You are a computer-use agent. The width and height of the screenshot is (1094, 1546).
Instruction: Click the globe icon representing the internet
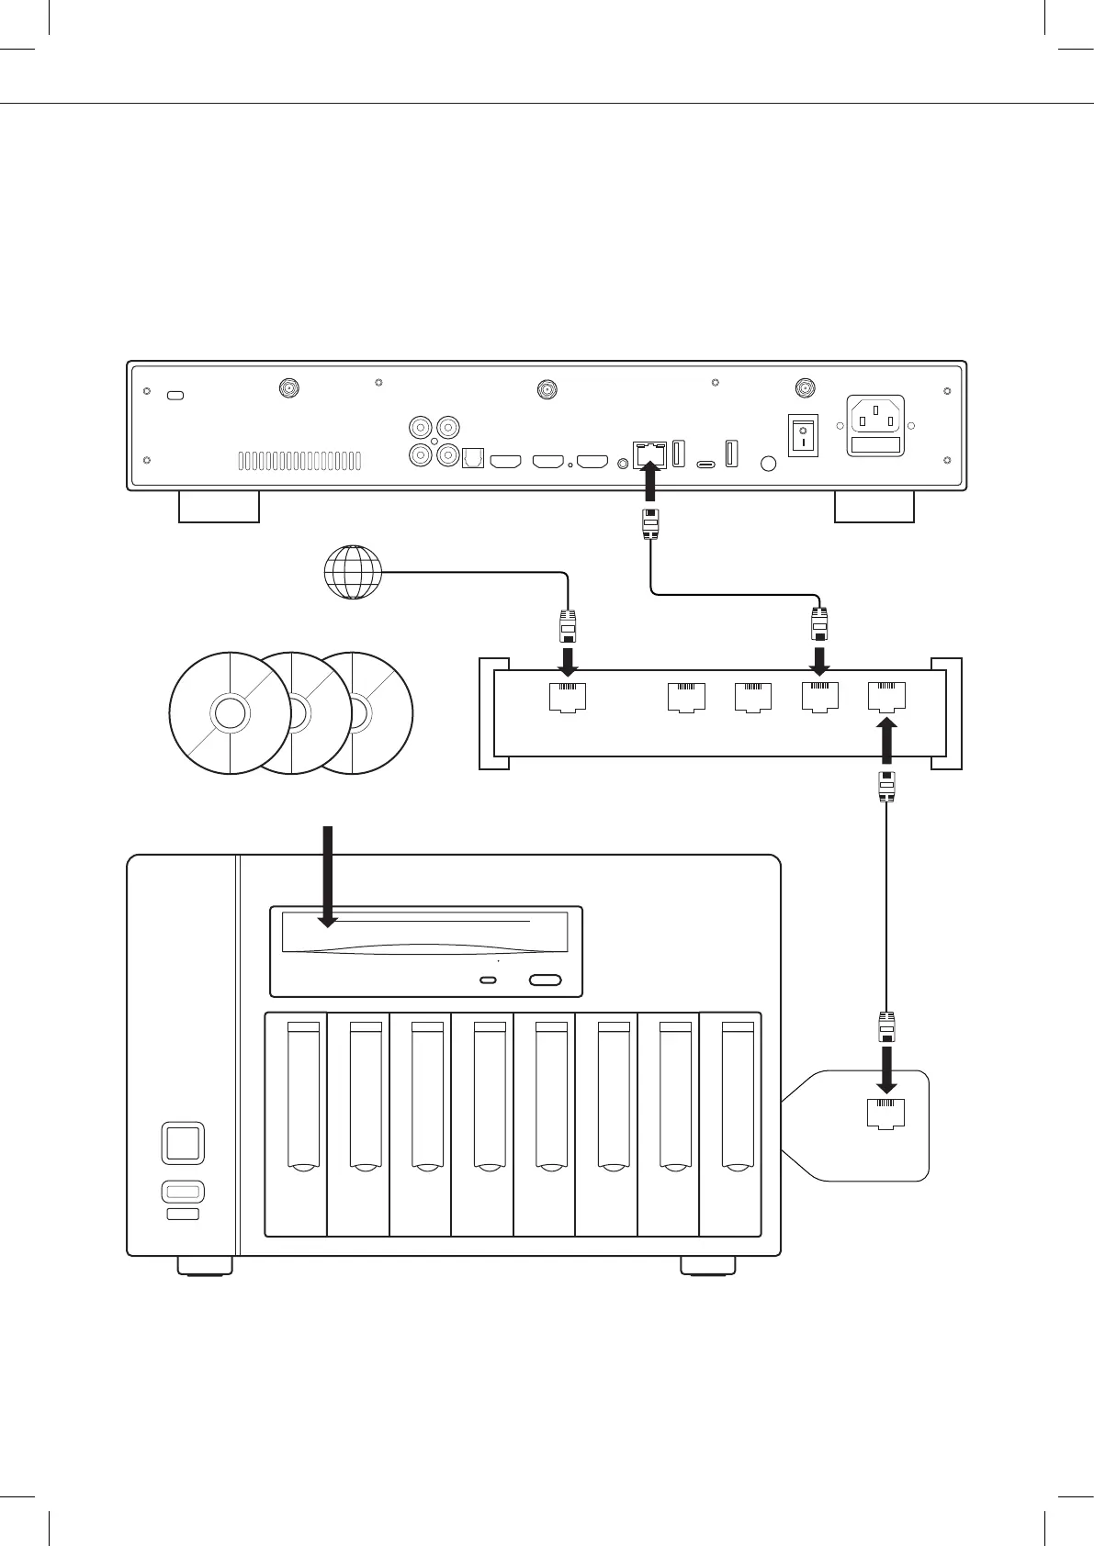(353, 573)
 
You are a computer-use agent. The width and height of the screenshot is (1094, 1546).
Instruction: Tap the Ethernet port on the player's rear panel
(649, 453)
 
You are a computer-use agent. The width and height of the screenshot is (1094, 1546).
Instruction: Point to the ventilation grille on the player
(299, 461)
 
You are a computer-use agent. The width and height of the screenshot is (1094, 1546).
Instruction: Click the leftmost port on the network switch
(568, 697)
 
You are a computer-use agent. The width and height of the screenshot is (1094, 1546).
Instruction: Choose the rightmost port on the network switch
(886, 697)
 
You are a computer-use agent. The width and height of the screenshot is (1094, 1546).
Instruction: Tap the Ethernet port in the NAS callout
(886, 1112)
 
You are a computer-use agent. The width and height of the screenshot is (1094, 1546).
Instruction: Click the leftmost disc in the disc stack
(230, 713)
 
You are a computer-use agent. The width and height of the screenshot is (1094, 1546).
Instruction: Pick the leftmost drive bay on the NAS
(296, 1125)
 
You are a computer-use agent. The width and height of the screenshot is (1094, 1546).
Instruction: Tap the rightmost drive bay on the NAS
(731, 1125)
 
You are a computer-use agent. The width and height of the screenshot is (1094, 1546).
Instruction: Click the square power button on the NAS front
(182, 1143)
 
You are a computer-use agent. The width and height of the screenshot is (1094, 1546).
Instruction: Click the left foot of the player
(219, 507)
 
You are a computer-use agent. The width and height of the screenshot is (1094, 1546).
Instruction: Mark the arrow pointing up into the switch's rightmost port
(886, 741)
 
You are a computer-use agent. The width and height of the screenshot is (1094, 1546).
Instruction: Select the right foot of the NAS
(708, 1266)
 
